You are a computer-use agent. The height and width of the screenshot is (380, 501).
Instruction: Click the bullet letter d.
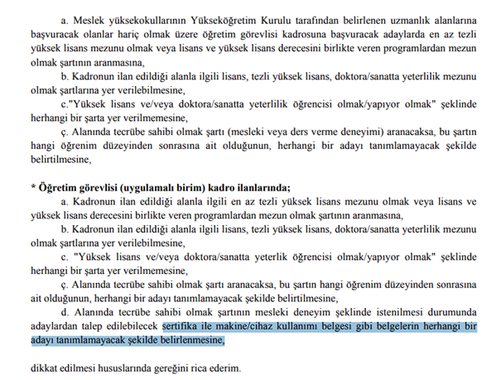65,311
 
